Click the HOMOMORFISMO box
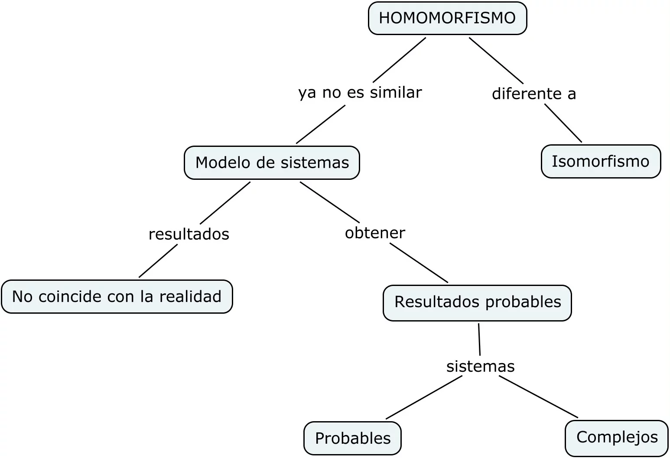pos(447,18)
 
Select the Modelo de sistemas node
pos(272,162)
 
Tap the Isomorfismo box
pos(601,161)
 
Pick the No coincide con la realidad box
pos(117,296)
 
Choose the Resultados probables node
pos(477,302)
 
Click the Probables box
pos(352,438)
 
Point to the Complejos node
pos(617,437)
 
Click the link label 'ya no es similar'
pos(360,92)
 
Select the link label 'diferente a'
pos(533,94)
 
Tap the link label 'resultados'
pos(189,234)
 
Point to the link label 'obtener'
pos(375,233)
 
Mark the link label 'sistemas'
pos(480,367)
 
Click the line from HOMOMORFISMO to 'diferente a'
pos(496,60)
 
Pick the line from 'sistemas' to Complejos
pos(538,396)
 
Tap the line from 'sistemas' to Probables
pos(424,397)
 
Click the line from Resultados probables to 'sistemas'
pos(479,339)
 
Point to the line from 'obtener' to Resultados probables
pos(419,263)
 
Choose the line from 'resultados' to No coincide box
pos(158,261)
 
